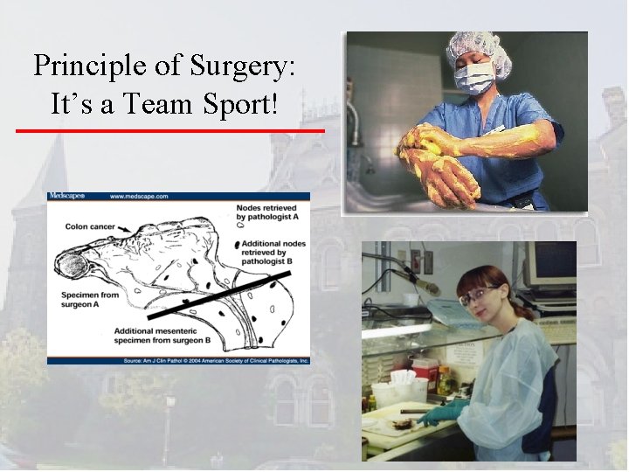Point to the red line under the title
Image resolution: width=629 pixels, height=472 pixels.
170,131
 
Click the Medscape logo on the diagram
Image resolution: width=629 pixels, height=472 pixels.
66,197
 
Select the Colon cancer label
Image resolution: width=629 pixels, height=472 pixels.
93,226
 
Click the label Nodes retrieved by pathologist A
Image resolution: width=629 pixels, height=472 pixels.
268,214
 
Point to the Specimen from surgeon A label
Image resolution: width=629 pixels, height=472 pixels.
85,301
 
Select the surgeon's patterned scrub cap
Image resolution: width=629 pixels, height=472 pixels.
476,46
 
